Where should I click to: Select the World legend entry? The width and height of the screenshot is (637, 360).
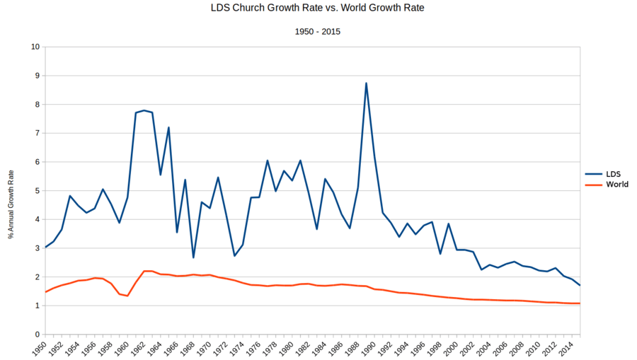616,185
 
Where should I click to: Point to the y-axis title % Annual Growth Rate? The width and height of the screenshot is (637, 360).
11,205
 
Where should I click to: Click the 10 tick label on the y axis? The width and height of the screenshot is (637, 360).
35,47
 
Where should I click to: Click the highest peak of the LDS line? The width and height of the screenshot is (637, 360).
366,83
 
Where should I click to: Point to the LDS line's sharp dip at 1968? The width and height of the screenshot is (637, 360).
193,257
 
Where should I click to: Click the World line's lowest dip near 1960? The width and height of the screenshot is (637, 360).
127,296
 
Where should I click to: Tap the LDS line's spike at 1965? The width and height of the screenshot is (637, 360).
168,127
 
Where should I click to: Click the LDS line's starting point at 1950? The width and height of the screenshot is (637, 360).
45,247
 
